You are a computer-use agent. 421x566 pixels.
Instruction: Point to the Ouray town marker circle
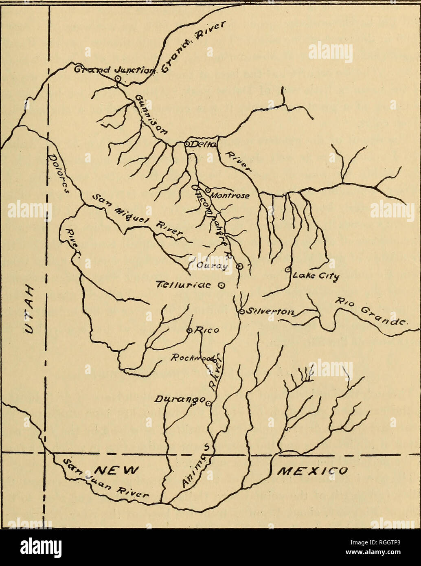240,266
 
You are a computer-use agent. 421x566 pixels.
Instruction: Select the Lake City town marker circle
287,269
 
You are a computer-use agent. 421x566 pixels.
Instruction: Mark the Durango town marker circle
208,404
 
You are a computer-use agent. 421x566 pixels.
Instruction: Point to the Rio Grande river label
369,313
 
